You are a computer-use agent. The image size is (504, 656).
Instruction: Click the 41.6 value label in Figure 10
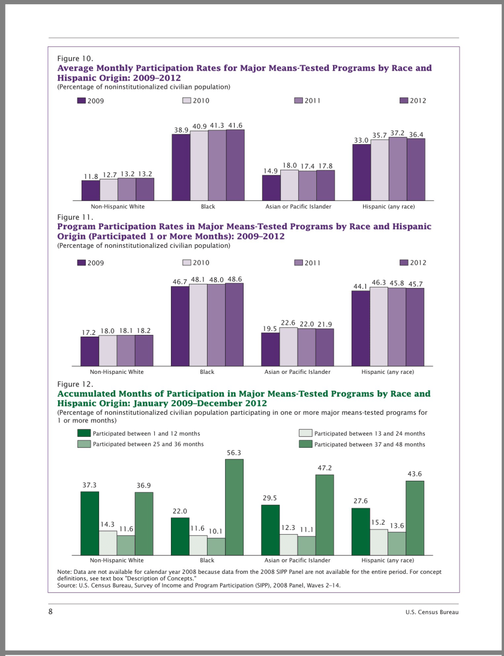tap(235, 125)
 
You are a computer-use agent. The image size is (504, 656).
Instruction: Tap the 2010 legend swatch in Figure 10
tap(187, 100)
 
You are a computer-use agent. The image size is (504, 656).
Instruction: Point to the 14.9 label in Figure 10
tap(271, 171)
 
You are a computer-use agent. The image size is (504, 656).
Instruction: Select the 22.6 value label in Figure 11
tap(289, 323)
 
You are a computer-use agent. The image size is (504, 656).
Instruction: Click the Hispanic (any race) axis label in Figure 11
tap(388, 372)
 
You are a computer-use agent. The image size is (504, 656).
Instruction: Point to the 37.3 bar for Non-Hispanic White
tap(89, 523)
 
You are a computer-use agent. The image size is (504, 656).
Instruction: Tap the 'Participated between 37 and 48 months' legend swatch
tap(305, 444)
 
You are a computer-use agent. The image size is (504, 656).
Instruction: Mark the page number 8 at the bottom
tap(51, 611)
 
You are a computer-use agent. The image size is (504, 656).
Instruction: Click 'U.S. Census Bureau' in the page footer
tap(431, 612)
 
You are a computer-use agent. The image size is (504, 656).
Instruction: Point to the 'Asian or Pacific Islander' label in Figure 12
tap(298, 560)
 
